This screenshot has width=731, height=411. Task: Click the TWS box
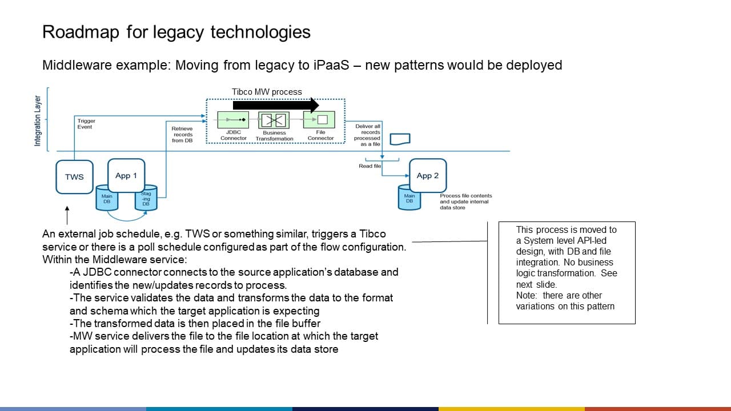click(74, 177)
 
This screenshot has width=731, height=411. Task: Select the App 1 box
click(126, 175)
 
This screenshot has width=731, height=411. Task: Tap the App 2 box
click(428, 175)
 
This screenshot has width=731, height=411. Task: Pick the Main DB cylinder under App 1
click(107, 199)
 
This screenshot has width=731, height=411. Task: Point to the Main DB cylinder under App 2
click(409, 198)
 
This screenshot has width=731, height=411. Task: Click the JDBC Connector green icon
click(234, 120)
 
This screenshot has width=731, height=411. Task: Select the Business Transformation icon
click(274, 120)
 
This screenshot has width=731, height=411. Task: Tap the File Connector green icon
click(320, 120)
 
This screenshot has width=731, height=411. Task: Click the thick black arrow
click(276, 104)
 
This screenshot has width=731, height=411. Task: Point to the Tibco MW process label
click(267, 91)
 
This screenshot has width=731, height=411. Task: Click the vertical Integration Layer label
click(38, 121)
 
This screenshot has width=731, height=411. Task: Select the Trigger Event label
click(86, 124)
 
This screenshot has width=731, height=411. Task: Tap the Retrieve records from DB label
click(182, 135)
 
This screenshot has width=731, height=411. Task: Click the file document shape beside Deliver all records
click(400, 139)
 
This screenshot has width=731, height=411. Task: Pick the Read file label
click(369, 166)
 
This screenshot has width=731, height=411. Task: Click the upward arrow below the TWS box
click(67, 216)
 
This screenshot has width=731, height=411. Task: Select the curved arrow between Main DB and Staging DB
click(127, 217)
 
